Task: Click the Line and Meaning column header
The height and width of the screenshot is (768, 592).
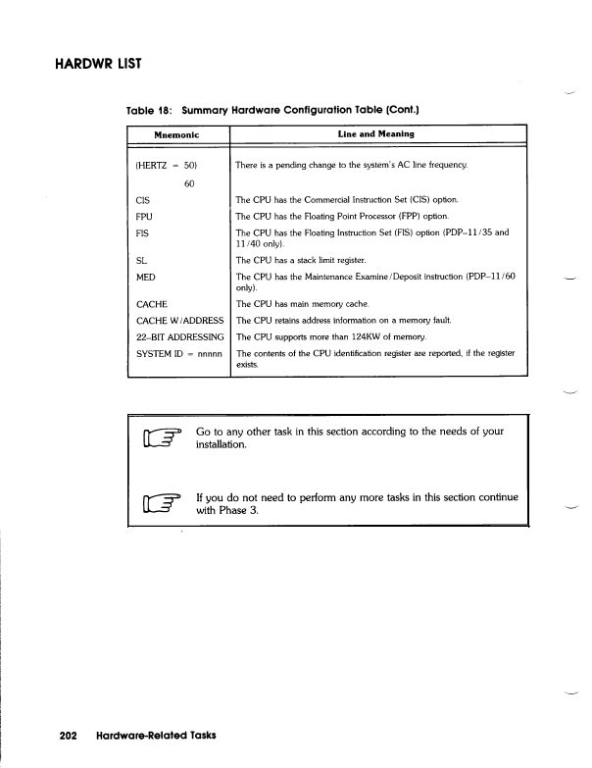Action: (375, 133)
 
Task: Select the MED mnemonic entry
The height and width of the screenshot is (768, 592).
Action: (145, 278)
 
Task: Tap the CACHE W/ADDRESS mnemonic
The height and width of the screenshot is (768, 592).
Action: (179, 321)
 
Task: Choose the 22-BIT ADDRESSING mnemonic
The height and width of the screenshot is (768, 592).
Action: (179, 336)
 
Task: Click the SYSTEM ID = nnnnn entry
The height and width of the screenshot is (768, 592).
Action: (179, 353)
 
